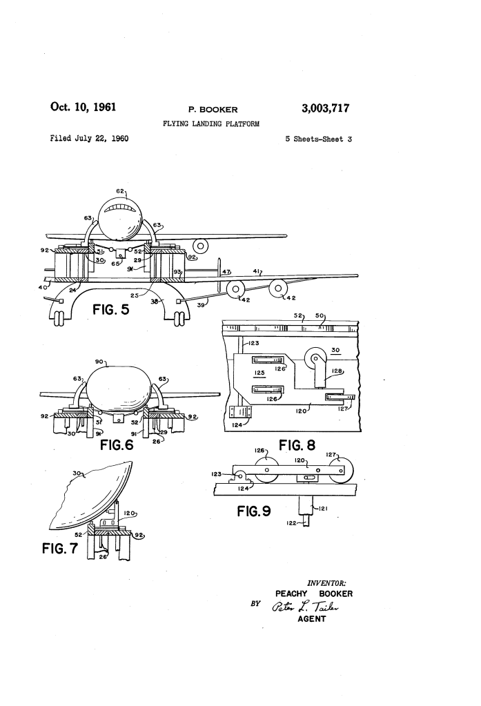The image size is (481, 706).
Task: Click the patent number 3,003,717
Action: point(325,108)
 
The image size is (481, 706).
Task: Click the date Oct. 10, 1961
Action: point(83,107)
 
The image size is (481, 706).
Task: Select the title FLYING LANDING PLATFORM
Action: point(210,124)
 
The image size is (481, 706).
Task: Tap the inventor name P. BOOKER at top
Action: point(213,110)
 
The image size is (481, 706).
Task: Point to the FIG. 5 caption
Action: point(111,310)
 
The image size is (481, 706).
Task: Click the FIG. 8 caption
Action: point(297,445)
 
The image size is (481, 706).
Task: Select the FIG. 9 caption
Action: point(253,511)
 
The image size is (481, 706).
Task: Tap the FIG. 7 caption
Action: point(60,548)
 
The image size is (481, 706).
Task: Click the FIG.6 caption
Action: point(117,445)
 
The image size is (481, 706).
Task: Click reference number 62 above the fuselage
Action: point(120,191)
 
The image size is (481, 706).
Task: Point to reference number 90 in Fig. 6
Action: point(99,362)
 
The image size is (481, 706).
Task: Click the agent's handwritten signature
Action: point(305,607)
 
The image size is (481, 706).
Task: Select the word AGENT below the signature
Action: point(312,619)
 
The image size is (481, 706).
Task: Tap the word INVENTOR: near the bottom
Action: point(326,583)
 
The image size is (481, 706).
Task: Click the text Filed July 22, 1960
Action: point(89,138)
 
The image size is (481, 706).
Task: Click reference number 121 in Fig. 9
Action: point(322,509)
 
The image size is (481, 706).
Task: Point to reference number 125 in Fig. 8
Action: point(259,373)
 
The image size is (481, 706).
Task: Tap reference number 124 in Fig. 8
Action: point(237,425)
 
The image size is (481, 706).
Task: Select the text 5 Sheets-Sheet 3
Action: point(318,139)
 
